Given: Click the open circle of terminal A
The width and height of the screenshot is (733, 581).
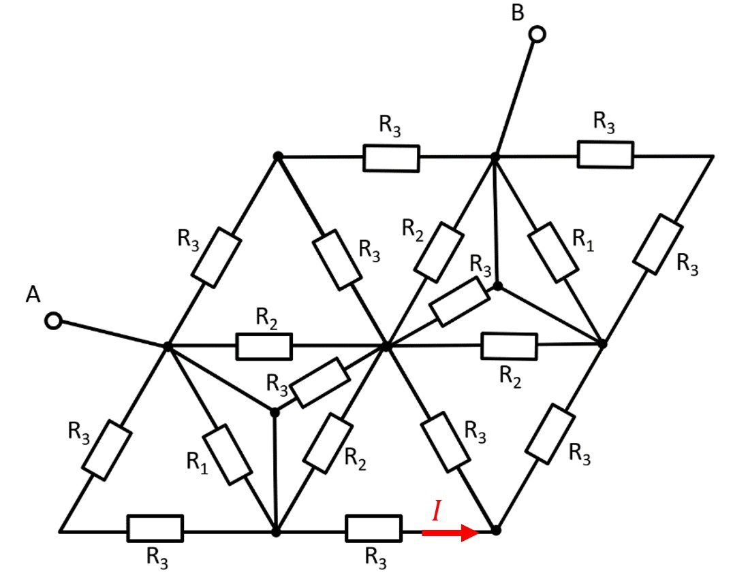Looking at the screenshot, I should [x=53, y=320].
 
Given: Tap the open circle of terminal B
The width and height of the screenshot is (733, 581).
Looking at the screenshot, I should [x=537, y=33].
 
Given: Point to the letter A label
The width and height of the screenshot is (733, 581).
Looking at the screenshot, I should [x=31, y=294].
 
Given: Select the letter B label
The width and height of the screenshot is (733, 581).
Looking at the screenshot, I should [x=518, y=12].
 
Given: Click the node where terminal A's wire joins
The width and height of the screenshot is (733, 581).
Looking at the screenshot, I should [x=167, y=346].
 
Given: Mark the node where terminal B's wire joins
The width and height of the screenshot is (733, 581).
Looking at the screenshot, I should [x=495, y=156].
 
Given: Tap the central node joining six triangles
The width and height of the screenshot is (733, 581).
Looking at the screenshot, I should [x=386, y=346].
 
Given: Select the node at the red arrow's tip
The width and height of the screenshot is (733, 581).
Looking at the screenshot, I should [x=496, y=530].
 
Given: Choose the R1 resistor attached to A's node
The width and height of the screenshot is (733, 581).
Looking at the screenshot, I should [x=228, y=454].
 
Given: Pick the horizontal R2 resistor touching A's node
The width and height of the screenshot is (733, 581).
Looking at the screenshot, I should [x=264, y=346].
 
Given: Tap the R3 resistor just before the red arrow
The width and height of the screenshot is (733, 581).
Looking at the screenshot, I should [x=373, y=529].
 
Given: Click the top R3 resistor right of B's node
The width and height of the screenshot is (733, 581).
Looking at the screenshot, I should [x=605, y=154].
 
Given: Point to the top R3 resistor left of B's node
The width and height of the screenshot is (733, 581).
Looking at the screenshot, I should [x=390, y=157].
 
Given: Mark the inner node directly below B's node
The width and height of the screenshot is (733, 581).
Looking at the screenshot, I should [x=498, y=286].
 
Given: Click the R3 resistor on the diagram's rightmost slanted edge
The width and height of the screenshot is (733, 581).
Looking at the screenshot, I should [x=658, y=244].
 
